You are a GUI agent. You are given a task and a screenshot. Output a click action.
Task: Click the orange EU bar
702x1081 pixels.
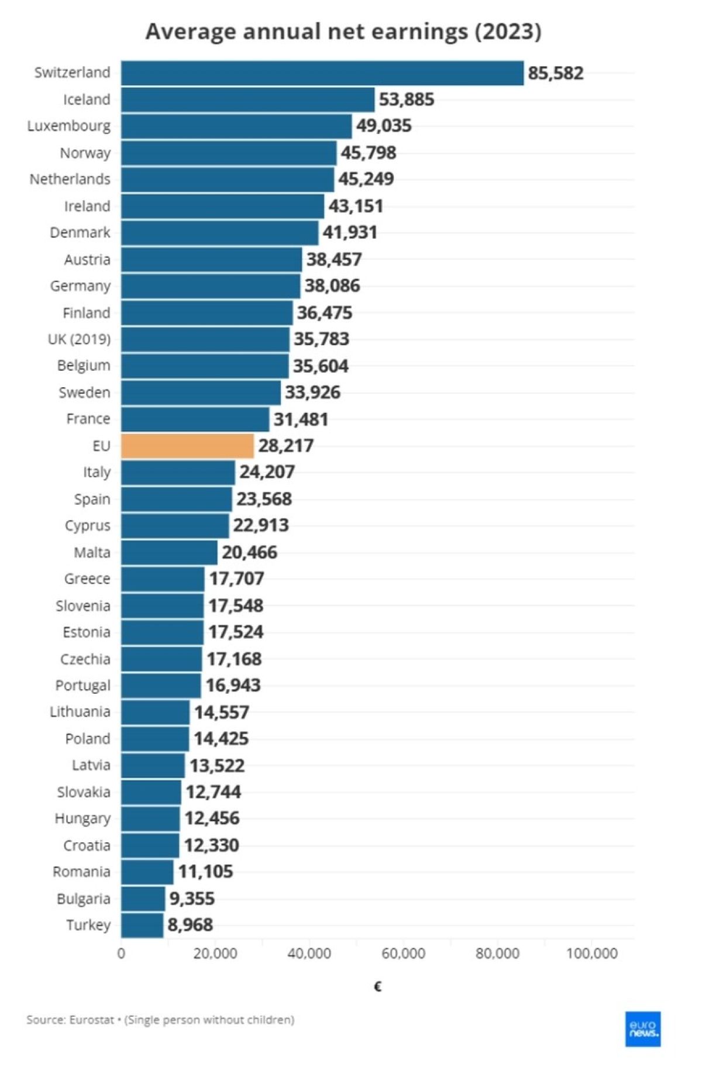[x=187, y=446]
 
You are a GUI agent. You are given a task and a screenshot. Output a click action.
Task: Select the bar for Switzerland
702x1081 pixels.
[x=322, y=73]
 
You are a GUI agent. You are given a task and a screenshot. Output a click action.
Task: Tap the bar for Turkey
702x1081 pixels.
[x=142, y=925]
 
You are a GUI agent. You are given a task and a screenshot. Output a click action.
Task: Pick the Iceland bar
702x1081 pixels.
[x=247, y=99]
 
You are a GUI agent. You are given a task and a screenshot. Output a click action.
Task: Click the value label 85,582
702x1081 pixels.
[x=556, y=73]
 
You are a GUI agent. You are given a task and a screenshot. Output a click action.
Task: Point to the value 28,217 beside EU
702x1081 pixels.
[x=286, y=446]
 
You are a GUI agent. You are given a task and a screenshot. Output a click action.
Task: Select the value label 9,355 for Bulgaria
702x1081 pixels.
[x=192, y=898]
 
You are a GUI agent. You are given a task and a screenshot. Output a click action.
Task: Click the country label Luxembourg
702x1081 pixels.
[x=68, y=126]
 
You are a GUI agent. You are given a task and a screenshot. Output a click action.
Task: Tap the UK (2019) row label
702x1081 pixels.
[x=79, y=339]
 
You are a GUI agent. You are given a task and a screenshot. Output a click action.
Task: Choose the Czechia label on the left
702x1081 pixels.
[x=85, y=659]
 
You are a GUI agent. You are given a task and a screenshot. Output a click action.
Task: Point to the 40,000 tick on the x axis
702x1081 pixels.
[x=309, y=953]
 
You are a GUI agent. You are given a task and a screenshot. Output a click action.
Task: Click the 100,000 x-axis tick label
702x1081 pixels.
[x=591, y=953]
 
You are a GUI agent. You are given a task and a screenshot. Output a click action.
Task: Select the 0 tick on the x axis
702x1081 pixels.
[x=121, y=953]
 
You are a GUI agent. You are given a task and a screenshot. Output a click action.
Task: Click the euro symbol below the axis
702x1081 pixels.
[x=378, y=987]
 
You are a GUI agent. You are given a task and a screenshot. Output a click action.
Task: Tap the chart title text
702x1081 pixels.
[x=343, y=31]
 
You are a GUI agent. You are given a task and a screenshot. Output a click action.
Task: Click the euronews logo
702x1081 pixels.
[x=643, y=1029]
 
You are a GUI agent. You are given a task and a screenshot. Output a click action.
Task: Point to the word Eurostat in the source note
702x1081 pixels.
[x=91, y=1020]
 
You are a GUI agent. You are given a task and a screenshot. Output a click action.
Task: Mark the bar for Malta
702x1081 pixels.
[x=169, y=552]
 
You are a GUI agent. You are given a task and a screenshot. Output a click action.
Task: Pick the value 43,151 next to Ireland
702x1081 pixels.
[x=356, y=206]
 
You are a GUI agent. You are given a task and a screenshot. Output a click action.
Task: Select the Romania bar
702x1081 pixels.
[x=147, y=872]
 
